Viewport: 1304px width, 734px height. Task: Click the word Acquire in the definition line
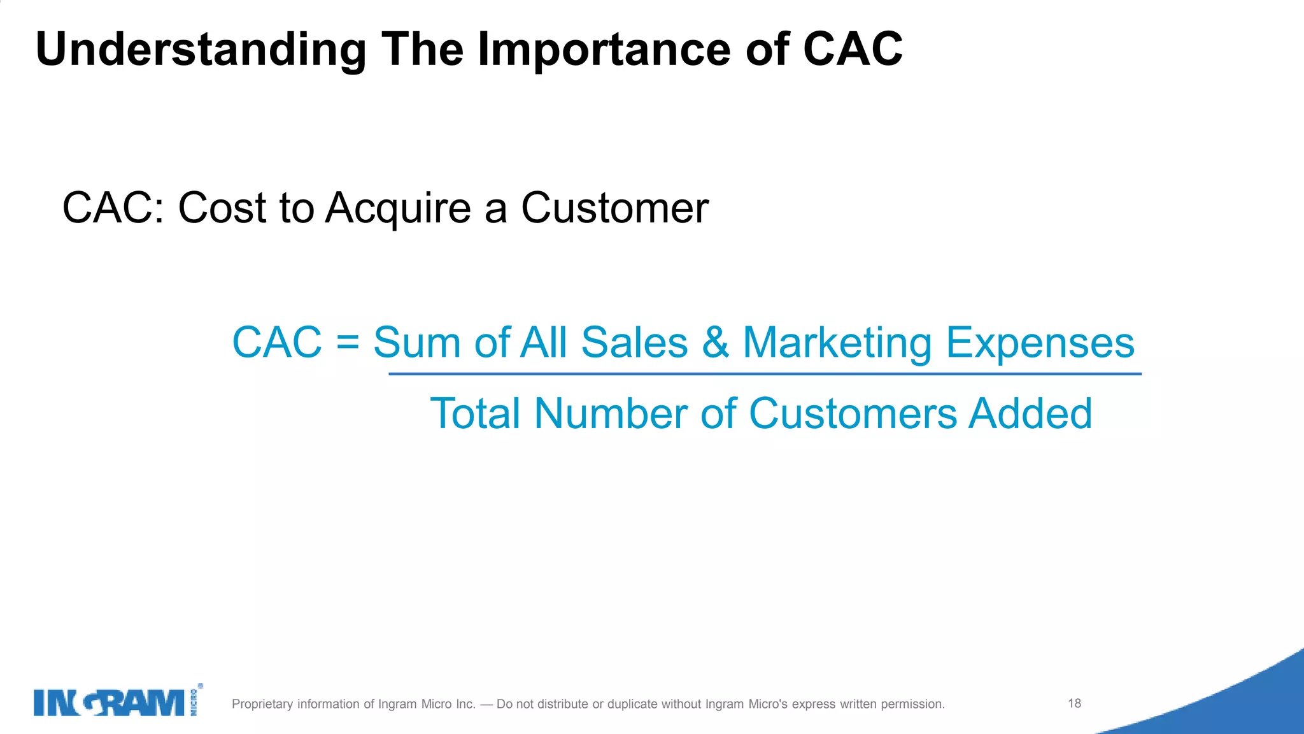click(x=399, y=208)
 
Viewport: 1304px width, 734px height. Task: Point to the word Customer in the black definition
click(x=614, y=208)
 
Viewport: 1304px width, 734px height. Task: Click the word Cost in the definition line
click(x=222, y=208)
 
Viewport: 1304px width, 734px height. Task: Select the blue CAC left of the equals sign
click(x=277, y=343)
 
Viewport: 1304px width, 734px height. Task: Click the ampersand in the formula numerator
click(x=715, y=343)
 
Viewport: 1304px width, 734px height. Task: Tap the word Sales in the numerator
click(x=634, y=343)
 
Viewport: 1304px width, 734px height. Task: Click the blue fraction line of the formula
click(x=764, y=374)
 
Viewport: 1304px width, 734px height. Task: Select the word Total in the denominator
click(x=476, y=414)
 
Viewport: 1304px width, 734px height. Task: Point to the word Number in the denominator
click(x=611, y=414)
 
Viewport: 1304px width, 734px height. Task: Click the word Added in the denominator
click(x=1030, y=414)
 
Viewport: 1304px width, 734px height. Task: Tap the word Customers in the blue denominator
click(x=853, y=414)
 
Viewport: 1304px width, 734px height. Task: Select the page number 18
click(x=1075, y=703)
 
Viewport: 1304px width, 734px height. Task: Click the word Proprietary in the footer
click(x=262, y=704)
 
